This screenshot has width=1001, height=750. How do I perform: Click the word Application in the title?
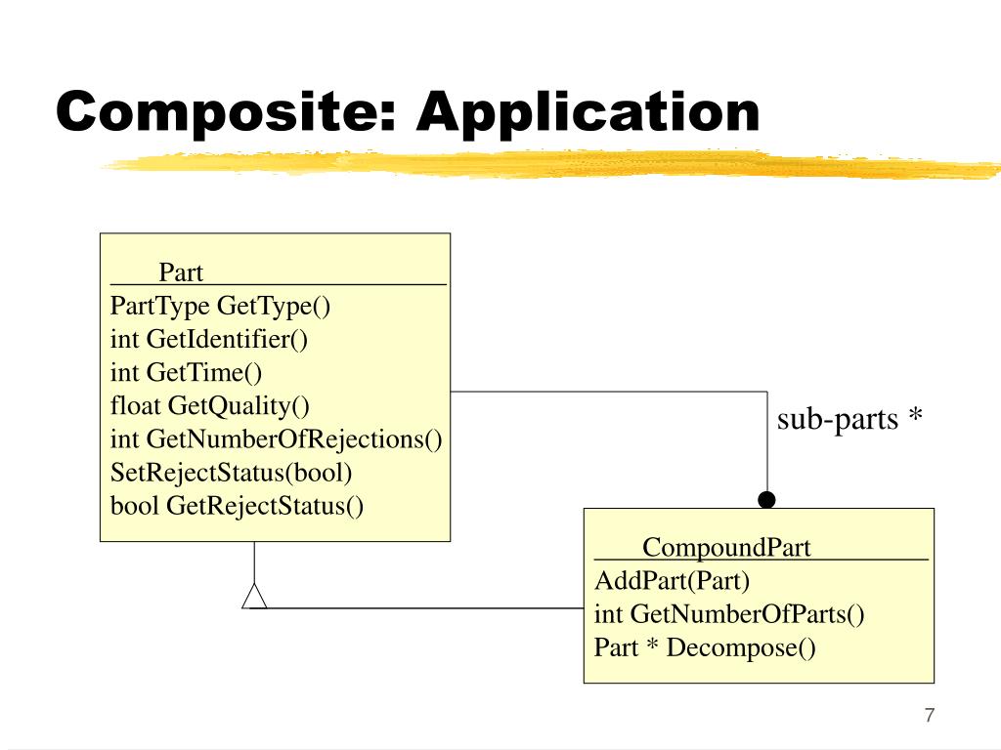click(588, 113)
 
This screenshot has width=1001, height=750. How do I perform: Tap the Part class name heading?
click(181, 272)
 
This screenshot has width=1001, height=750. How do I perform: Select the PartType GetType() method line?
click(220, 306)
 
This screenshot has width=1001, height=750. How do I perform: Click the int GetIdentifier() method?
click(209, 339)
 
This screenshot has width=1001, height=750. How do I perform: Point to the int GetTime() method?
click(186, 372)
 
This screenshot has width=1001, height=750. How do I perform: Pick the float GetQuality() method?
click(209, 406)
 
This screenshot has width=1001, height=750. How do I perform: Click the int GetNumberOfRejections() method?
click(276, 439)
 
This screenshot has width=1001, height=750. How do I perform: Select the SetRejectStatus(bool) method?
click(231, 473)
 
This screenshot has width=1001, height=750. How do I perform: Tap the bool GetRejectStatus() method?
click(237, 506)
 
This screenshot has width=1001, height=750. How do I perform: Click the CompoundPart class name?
click(726, 547)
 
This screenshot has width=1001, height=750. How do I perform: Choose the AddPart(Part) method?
click(672, 581)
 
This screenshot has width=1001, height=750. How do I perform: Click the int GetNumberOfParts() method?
click(729, 614)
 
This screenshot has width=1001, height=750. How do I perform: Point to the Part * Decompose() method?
click(705, 648)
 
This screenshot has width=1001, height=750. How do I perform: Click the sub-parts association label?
click(838, 420)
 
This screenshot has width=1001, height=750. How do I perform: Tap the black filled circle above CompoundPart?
click(766, 499)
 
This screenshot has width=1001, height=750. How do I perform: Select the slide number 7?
click(930, 715)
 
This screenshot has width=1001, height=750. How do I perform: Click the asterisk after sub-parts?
click(915, 414)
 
